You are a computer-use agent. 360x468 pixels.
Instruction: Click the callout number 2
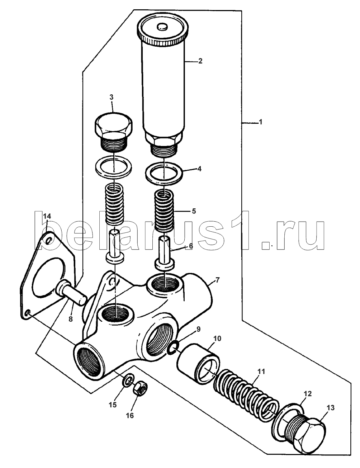pyautogui.click(x=200, y=61)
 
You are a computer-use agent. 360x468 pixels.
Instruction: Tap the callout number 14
pyautogui.click(x=47, y=216)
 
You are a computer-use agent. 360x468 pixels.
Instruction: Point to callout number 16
pyautogui.click(x=130, y=415)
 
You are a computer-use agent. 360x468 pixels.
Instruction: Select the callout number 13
pyautogui.click(x=331, y=407)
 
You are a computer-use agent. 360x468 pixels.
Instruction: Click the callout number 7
pyautogui.click(x=217, y=280)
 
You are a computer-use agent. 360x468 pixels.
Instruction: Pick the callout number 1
pyautogui.click(x=261, y=122)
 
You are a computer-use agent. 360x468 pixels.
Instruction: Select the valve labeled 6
pyautogui.click(x=165, y=254)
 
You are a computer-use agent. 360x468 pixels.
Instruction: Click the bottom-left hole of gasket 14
pyautogui.click(x=27, y=313)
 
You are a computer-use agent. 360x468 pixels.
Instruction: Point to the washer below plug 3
pyautogui.click(x=113, y=167)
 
